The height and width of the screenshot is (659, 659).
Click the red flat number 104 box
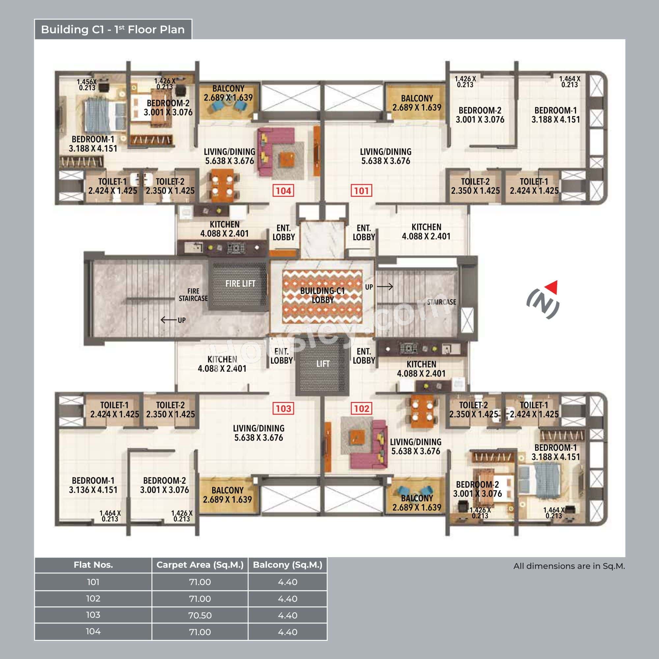tap(283, 191)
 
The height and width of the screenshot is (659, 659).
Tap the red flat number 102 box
tap(361, 409)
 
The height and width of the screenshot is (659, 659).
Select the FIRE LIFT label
tap(240, 283)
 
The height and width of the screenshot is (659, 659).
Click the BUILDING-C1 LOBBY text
tap(322, 295)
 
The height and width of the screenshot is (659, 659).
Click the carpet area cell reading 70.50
tap(200, 615)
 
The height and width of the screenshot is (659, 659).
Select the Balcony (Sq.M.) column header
tap(287, 565)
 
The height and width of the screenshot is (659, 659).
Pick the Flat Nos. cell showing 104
tap(93, 632)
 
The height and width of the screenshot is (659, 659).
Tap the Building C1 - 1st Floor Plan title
tap(113, 30)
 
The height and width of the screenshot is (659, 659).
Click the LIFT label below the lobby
tap(322, 364)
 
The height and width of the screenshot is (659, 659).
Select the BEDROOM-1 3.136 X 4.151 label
tap(93, 485)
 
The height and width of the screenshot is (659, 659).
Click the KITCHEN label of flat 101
tap(426, 232)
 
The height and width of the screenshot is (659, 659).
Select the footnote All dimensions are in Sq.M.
tap(569, 566)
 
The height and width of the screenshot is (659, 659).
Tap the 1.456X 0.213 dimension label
tap(87, 85)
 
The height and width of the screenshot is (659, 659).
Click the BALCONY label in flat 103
tap(227, 495)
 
